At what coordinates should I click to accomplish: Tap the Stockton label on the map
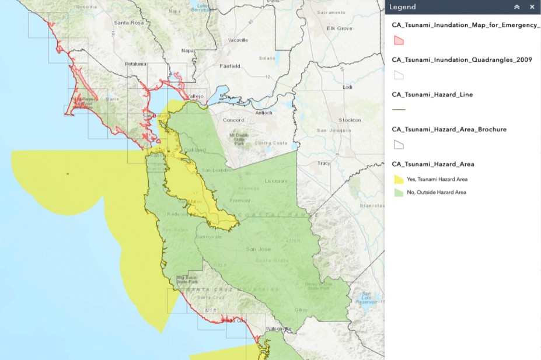[x=350, y=120]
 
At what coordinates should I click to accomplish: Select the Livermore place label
[x=276, y=181]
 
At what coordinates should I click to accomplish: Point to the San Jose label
[x=258, y=249]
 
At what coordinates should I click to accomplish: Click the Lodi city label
[x=348, y=87]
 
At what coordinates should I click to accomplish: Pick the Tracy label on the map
[x=324, y=163]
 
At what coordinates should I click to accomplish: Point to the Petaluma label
[x=136, y=64]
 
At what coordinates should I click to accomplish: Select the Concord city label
[x=234, y=121]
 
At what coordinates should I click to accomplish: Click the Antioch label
[x=263, y=113]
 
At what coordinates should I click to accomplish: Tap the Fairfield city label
[x=229, y=67]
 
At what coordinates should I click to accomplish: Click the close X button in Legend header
[x=532, y=7]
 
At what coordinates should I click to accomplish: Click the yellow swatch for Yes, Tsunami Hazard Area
[x=399, y=179]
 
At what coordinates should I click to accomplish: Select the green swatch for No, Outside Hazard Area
[x=399, y=192]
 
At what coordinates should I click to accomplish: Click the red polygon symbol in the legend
[x=399, y=40]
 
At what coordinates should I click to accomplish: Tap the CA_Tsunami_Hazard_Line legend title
[x=432, y=95]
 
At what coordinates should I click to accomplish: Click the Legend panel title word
[x=403, y=7]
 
